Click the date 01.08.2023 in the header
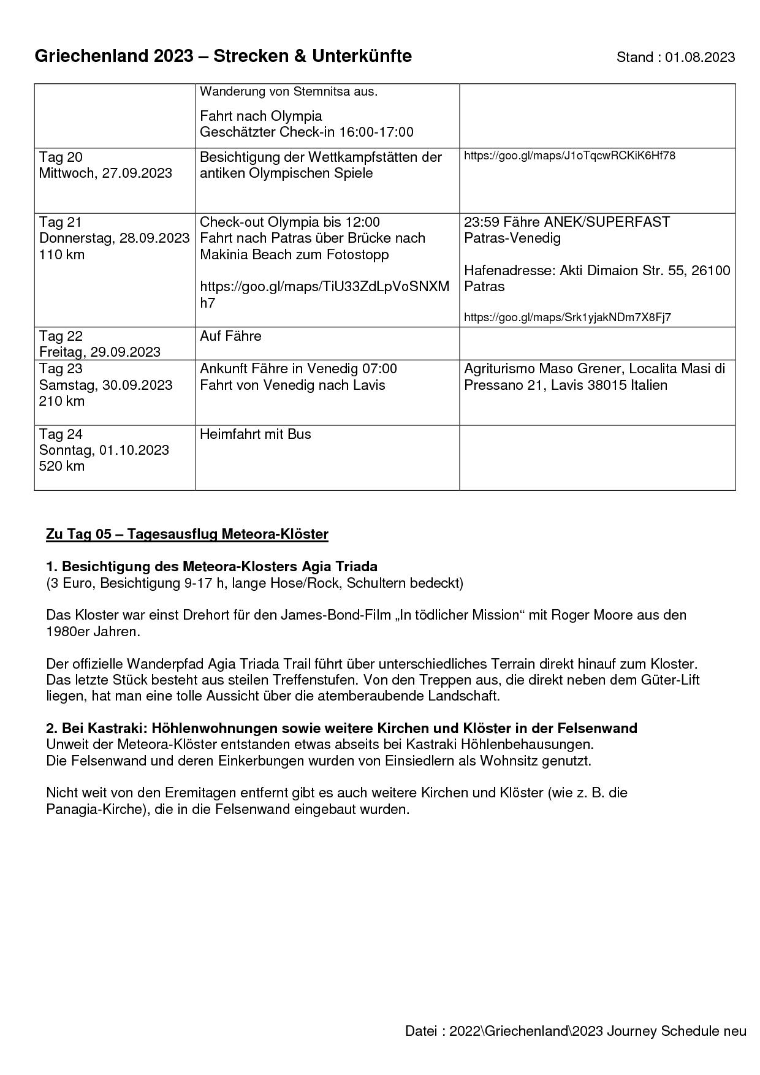pyautogui.click(x=700, y=58)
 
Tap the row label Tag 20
pyautogui.click(x=60, y=157)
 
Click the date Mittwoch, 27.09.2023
pyautogui.click(x=105, y=173)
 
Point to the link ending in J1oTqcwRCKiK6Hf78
pyautogui.click(x=569, y=156)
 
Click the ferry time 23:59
pyautogui.click(x=481, y=222)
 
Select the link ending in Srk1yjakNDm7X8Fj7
pyautogui.click(x=567, y=317)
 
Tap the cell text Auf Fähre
pyautogui.click(x=230, y=336)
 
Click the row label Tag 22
pyautogui.click(x=60, y=336)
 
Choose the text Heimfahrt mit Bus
pyautogui.click(x=255, y=434)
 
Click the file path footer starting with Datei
pyautogui.click(x=576, y=1031)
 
